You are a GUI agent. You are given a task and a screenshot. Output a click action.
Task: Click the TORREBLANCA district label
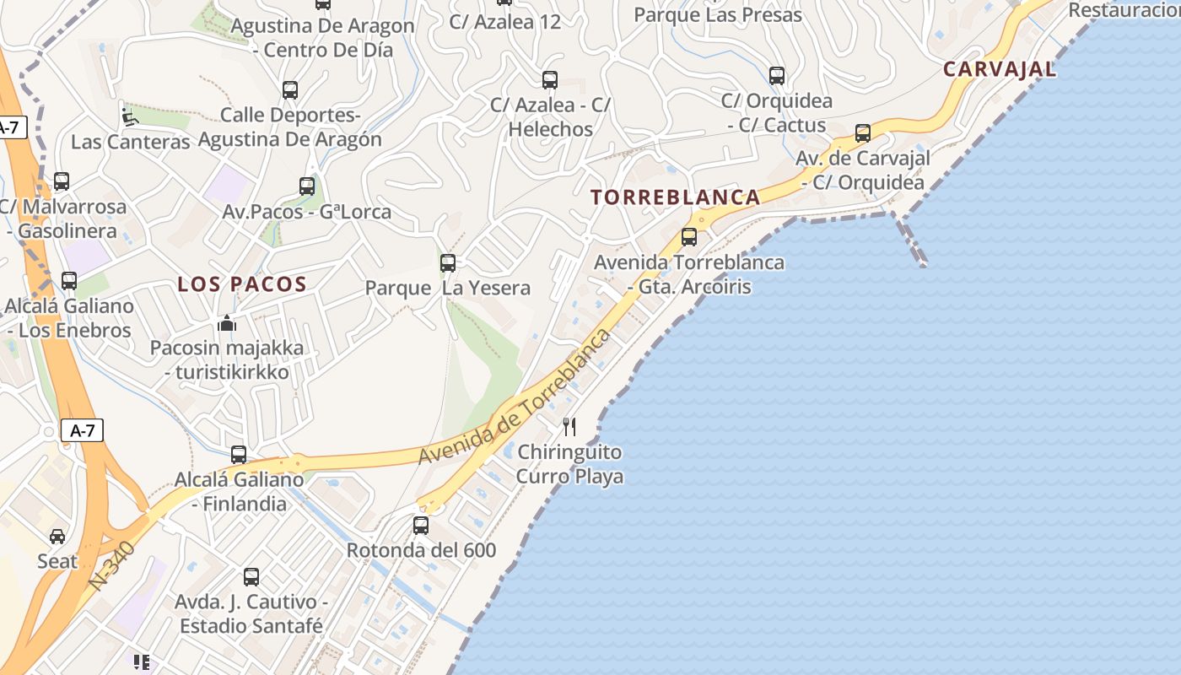pos(675,197)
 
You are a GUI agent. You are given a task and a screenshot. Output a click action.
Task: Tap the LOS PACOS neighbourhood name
pos(242,284)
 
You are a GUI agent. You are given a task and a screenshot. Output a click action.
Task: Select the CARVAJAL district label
pos(999,69)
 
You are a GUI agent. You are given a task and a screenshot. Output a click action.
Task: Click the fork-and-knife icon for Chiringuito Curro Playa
pos(570,427)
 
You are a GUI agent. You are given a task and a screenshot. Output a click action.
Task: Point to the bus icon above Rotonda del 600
pos(421,526)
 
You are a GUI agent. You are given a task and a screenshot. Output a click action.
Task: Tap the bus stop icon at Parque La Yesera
pos(448,263)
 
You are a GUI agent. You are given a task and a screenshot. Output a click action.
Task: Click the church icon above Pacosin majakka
pos(226,323)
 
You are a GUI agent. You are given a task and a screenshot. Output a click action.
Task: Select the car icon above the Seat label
pos(57,537)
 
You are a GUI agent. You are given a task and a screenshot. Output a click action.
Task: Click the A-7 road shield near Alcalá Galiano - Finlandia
pos(82,430)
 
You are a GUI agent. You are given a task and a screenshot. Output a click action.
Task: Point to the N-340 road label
pos(111,565)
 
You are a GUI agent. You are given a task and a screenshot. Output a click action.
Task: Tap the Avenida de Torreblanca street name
pos(515,397)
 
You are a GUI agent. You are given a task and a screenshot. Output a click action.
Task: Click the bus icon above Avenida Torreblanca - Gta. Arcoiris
pos(689,237)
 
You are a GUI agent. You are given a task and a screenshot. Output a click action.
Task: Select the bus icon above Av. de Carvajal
pos(863,133)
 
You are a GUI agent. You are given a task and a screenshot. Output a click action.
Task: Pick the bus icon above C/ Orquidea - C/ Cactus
pos(777,76)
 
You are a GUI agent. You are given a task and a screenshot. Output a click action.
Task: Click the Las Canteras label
pos(130,141)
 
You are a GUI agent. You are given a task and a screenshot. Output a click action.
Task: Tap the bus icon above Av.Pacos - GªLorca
pos(307,186)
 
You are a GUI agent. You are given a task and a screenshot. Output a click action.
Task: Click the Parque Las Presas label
pos(717,14)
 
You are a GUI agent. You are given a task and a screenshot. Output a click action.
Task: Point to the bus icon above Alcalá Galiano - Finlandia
pos(239,455)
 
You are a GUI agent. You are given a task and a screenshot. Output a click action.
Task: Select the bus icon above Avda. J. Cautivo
pos(251,577)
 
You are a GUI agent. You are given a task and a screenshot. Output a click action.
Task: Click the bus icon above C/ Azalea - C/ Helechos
pos(550,80)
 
